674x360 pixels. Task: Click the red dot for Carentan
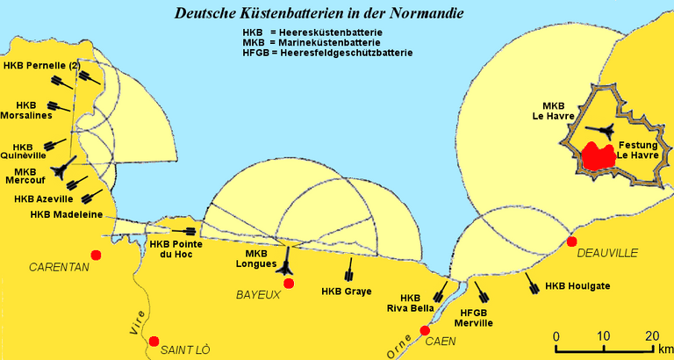(96, 255)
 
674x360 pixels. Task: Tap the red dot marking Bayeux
(289, 284)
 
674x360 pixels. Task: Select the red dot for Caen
(425, 330)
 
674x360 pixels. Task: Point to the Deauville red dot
(571, 241)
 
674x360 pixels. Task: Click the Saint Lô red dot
(154, 341)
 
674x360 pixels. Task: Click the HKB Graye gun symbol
(350, 270)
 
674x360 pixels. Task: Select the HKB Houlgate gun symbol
(532, 284)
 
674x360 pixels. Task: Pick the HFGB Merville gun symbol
(481, 292)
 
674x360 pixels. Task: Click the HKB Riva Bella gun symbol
(441, 292)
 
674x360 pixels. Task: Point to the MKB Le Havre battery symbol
(599, 131)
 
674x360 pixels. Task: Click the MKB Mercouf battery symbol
(63, 168)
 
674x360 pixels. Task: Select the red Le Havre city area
(599, 155)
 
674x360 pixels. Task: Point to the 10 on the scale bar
(604, 335)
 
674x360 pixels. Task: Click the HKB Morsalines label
(26, 111)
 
